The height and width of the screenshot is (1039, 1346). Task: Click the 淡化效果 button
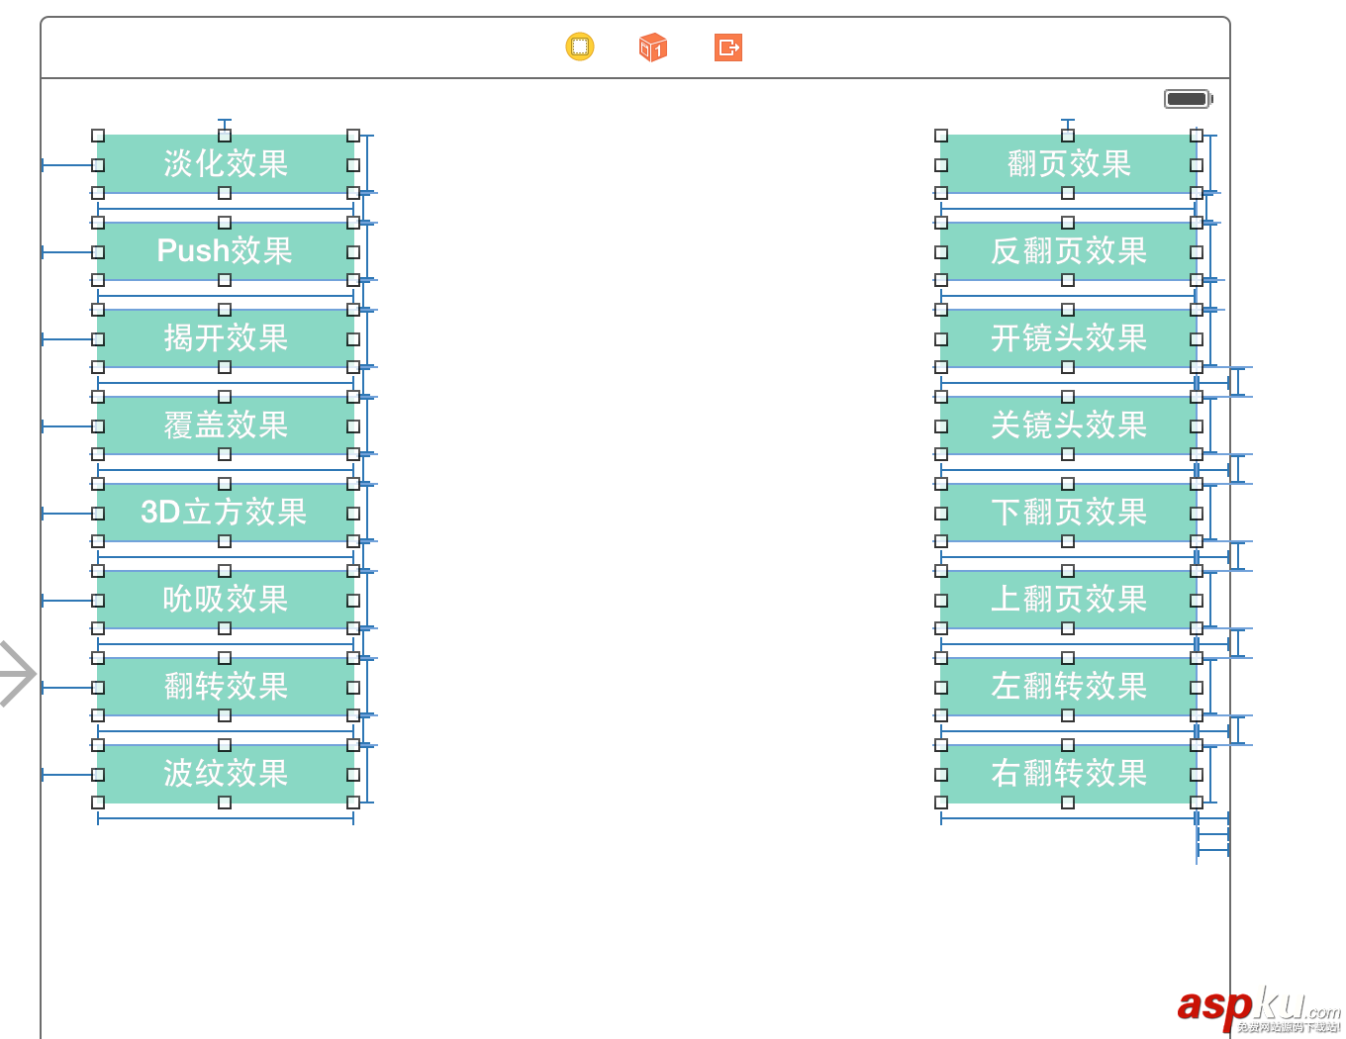226,164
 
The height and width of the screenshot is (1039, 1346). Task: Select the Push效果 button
226,251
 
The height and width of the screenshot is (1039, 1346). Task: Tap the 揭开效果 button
226,338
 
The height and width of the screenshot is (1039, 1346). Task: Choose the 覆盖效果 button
226,425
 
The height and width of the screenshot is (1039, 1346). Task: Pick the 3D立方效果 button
226,513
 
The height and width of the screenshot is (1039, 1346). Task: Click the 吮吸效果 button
226,600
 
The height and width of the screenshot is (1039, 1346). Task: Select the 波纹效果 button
226,774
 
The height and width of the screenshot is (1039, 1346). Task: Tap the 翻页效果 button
1069,164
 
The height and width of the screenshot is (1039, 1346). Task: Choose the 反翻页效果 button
1069,251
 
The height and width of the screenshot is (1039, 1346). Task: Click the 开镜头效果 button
1069,338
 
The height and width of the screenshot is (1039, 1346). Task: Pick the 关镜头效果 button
1069,425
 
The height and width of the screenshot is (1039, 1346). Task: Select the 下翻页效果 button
1069,513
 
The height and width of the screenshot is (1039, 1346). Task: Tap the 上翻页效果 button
1069,600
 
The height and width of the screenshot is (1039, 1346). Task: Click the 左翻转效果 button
1069,687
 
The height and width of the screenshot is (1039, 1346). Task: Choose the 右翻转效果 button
1069,774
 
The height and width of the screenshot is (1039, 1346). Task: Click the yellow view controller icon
580,47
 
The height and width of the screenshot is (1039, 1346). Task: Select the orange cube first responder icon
653,47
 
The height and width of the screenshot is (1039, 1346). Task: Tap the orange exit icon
728,47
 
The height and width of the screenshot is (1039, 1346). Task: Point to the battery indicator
1188,99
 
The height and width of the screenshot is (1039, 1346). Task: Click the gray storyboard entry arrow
17,674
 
